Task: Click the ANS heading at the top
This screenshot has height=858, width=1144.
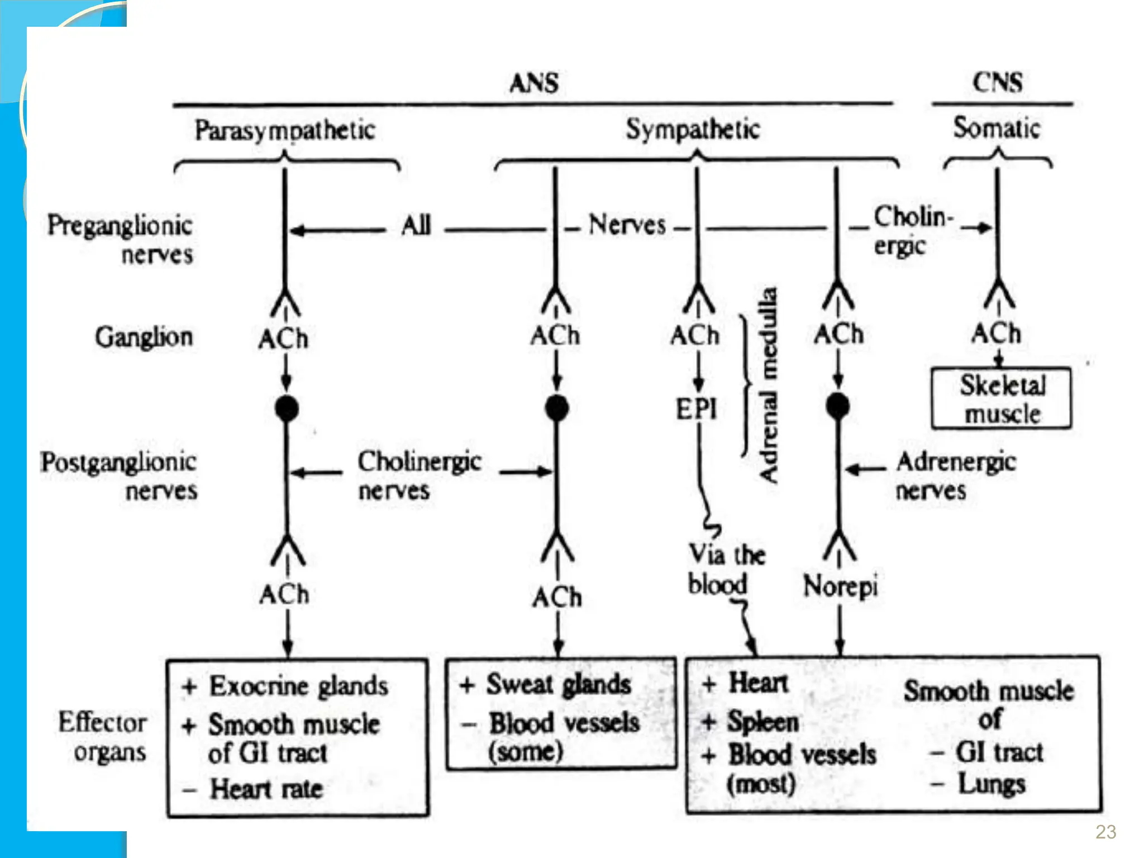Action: click(x=533, y=83)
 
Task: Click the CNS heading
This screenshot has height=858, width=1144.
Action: click(x=998, y=83)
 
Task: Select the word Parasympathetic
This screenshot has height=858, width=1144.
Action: click(x=285, y=131)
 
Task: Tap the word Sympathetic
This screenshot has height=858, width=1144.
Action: click(x=693, y=130)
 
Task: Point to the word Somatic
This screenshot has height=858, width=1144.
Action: click(x=997, y=128)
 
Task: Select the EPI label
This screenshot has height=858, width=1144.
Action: click(x=696, y=409)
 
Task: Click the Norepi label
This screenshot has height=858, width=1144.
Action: click(x=840, y=587)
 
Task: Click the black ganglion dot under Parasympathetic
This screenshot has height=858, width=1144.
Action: click(x=287, y=408)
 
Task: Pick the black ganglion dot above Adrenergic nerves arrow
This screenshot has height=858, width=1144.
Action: click(x=837, y=406)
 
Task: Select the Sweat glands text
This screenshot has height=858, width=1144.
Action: click(x=558, y=684)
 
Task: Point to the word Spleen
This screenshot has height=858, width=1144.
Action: click(x=763, y=722)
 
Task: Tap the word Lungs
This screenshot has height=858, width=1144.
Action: click(x=992, y=784)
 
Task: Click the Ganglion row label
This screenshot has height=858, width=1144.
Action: click(x=144, y=337)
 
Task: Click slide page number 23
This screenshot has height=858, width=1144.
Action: click(x=1105, y=832)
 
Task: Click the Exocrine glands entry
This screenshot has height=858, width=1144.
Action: click(x=298, y=686)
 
